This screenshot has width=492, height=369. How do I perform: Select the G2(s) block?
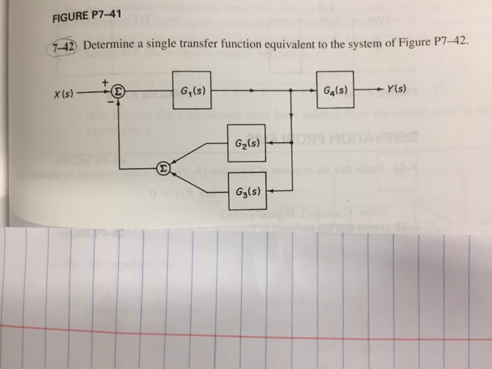(x=246, y=143)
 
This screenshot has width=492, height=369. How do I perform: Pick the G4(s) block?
(x=335, y=91)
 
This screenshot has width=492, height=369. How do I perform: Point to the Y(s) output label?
(x=401, y=90)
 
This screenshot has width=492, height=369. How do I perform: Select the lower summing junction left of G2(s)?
(x=163, y=169)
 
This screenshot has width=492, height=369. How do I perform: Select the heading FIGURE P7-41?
(x=86, y=17)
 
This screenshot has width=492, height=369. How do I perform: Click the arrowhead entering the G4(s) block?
(x=313, y=91)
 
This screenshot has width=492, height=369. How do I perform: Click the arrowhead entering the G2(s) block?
(x=269, y=143)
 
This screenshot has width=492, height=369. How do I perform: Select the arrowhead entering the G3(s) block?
(x=269, y=189)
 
